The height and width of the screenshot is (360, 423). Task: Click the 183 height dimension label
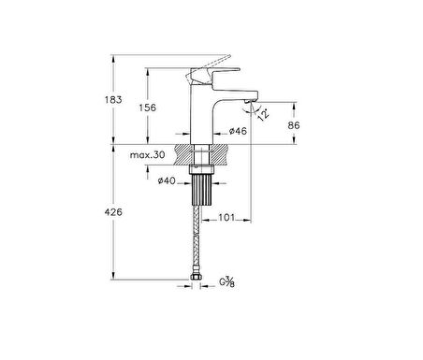pos(113,100)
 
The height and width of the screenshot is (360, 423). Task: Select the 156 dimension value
pos(147,108)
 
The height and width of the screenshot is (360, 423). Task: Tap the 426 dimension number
pos(113,212)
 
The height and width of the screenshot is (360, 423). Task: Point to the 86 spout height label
pos(294,125)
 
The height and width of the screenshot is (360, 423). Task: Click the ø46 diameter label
pos(238,131)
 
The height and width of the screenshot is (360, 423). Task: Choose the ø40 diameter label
pos(167,180)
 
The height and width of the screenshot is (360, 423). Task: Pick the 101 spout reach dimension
pos(226,217)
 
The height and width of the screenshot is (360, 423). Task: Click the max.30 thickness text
pos(147,155)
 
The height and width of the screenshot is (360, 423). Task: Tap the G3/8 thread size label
pos(226,282)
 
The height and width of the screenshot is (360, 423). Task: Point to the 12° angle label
pos(264,114)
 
